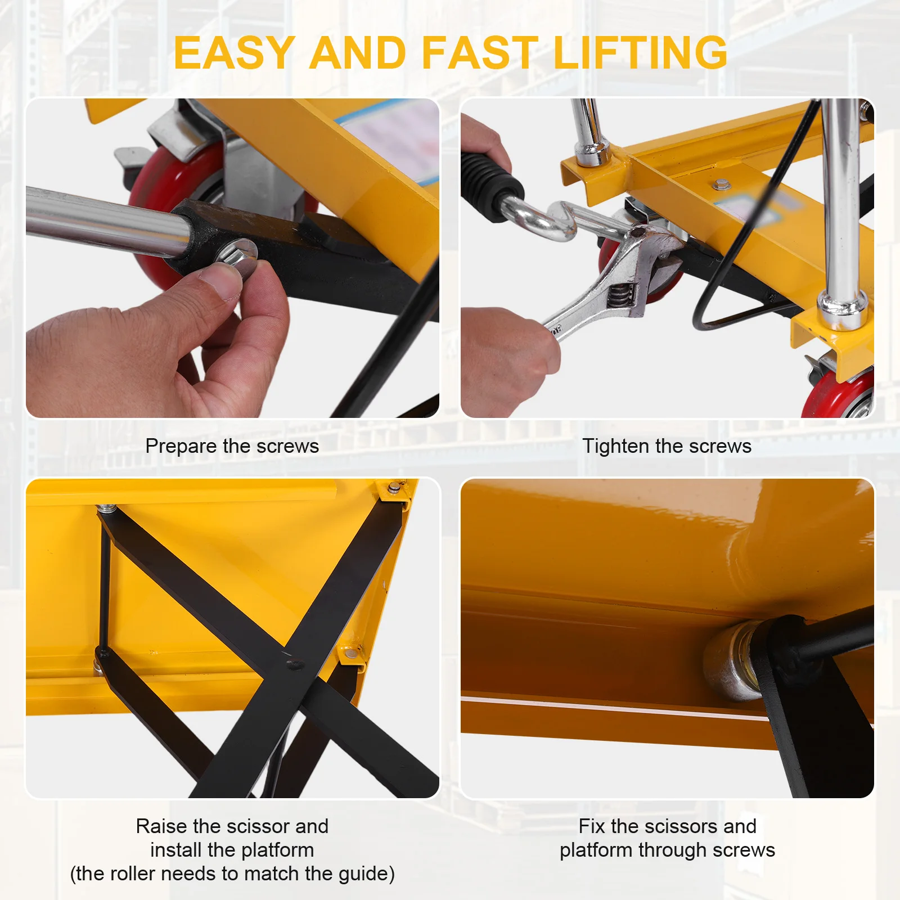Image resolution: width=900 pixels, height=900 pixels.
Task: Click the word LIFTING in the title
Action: [x=640, y=52]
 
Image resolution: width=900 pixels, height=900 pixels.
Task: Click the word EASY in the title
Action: [x=234, y=52]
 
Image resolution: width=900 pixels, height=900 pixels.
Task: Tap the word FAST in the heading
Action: [x=479, y=52]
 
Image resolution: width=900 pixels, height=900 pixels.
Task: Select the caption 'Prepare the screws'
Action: [x=232, y=446]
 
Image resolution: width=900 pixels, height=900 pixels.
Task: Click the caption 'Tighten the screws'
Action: [x=667, y=446]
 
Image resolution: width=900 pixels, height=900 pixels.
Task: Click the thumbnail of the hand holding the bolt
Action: [x=232, y=258]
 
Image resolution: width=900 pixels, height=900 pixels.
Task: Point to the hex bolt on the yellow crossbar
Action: [x=720, y=184]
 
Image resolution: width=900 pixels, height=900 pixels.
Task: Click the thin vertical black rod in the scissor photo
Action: [x=103, y=582]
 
